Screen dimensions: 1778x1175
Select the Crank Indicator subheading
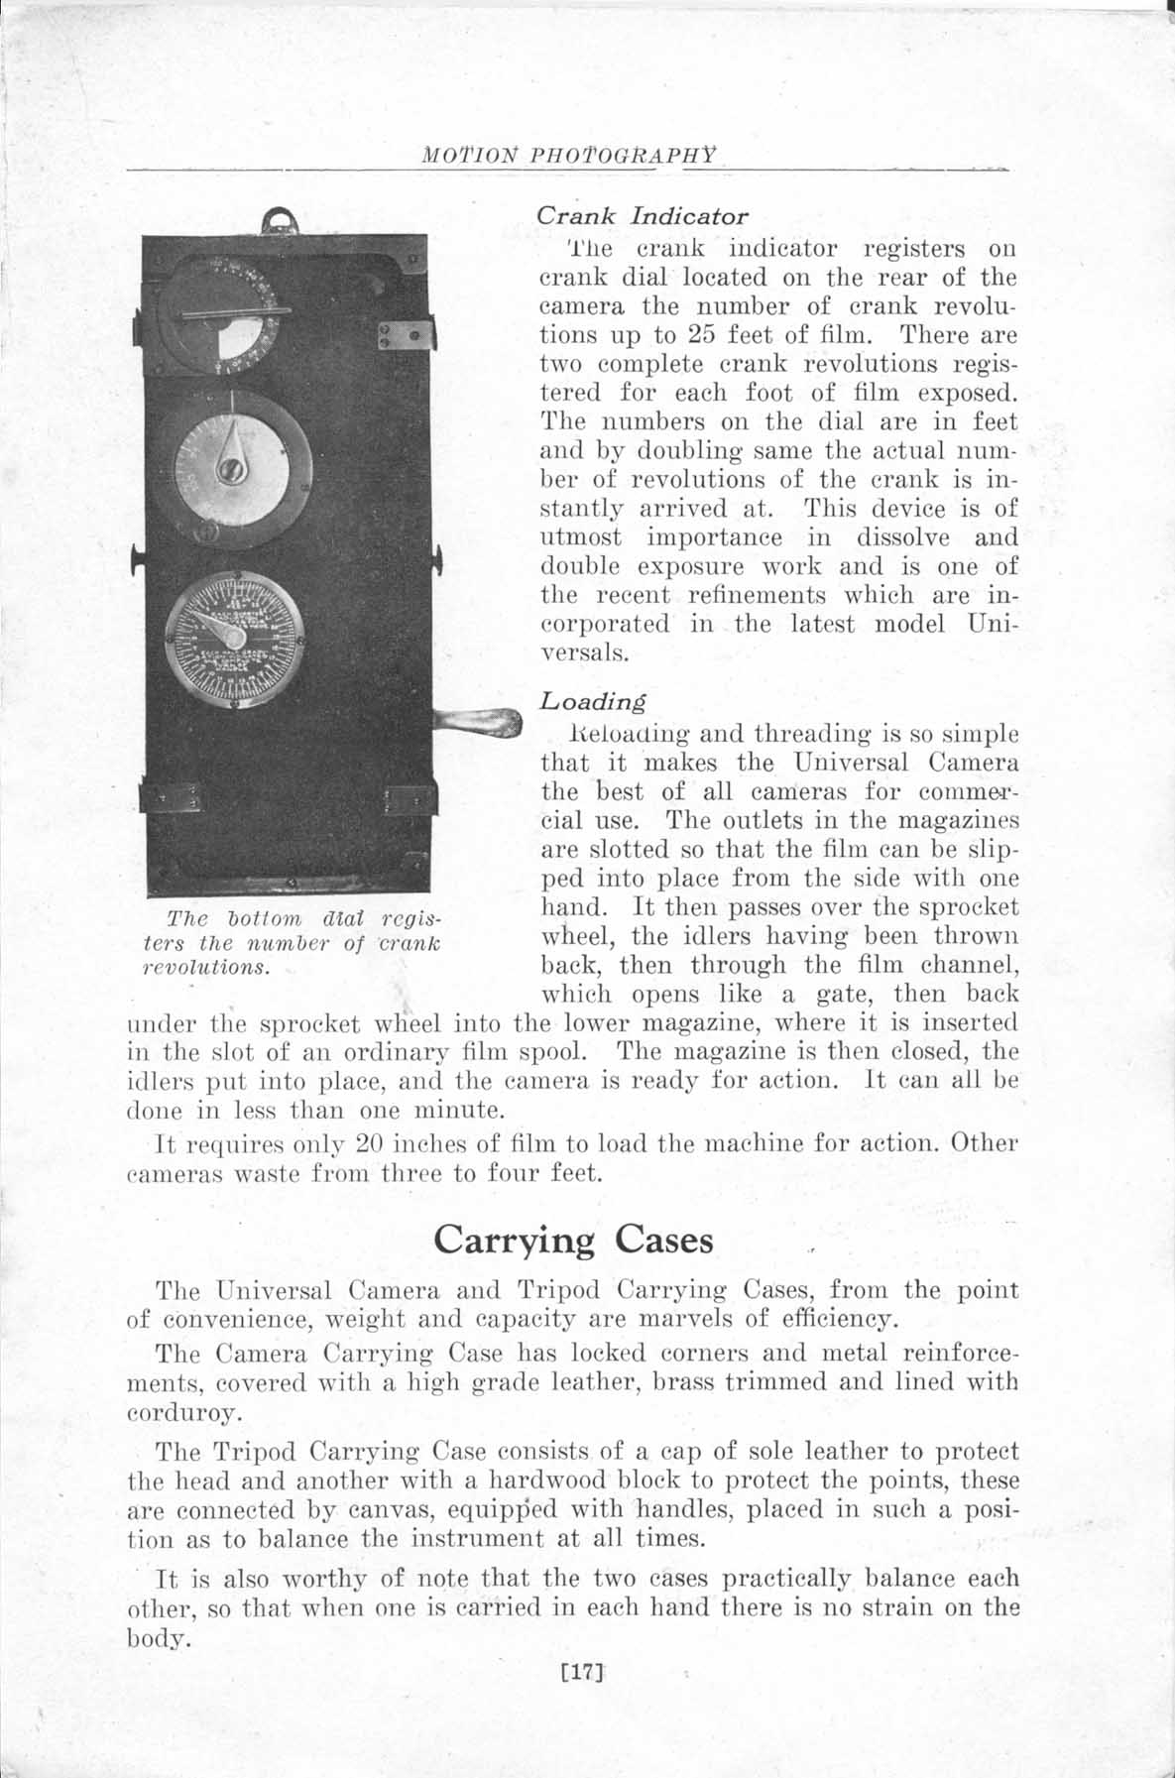click(x=642, y=215)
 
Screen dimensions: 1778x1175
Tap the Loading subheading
click(x=592, y=701)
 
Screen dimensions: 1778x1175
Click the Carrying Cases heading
click(x=573, y=1240)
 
